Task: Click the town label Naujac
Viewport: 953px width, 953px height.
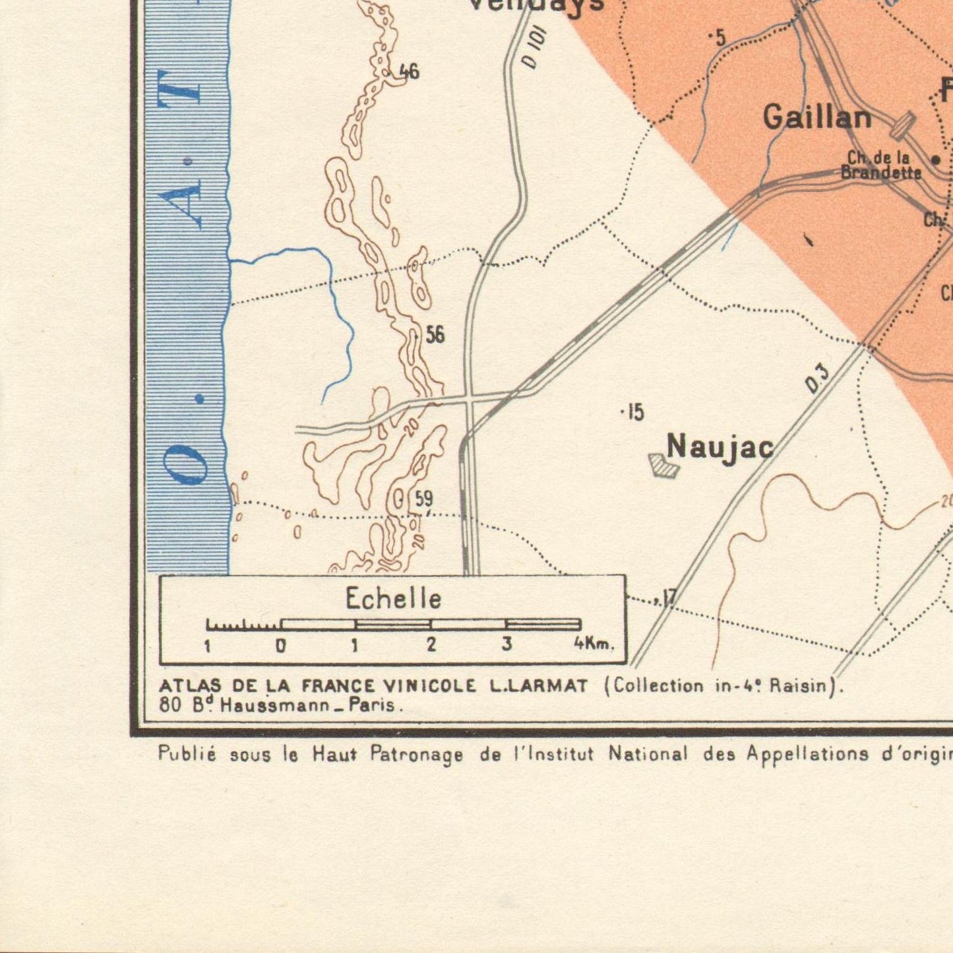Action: (720, 448)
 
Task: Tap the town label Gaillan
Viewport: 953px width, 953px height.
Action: (817, 118)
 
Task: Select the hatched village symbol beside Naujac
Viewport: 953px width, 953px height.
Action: (663, 465)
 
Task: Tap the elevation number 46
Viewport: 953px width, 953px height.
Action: (409, 71)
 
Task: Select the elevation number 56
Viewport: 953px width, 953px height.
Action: (435, 335)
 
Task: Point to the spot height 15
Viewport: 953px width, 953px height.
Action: (634, 413)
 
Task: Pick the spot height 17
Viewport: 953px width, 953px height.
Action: (668, 598)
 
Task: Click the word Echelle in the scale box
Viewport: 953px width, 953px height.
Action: (393, 599)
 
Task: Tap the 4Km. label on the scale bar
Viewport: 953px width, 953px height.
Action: (593, 644)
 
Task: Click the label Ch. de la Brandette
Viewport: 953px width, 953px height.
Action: (880, 166)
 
